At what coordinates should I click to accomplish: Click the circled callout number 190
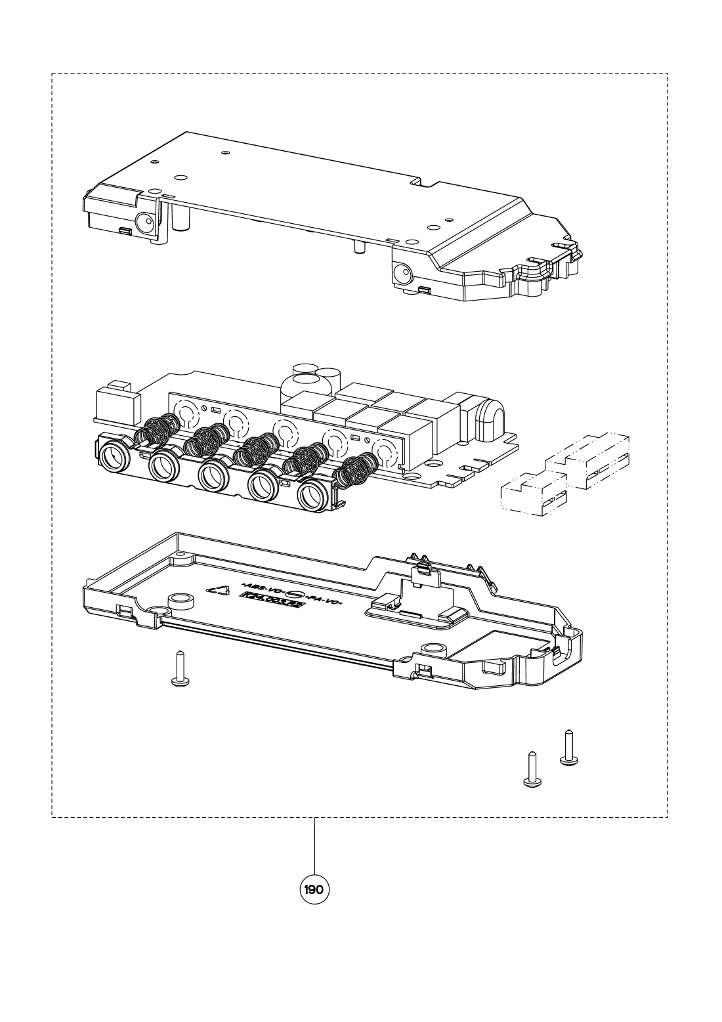tap(314, 890)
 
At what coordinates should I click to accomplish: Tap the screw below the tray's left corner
tap(179, 670)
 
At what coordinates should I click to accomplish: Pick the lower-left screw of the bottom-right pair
tap(532, 768)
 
